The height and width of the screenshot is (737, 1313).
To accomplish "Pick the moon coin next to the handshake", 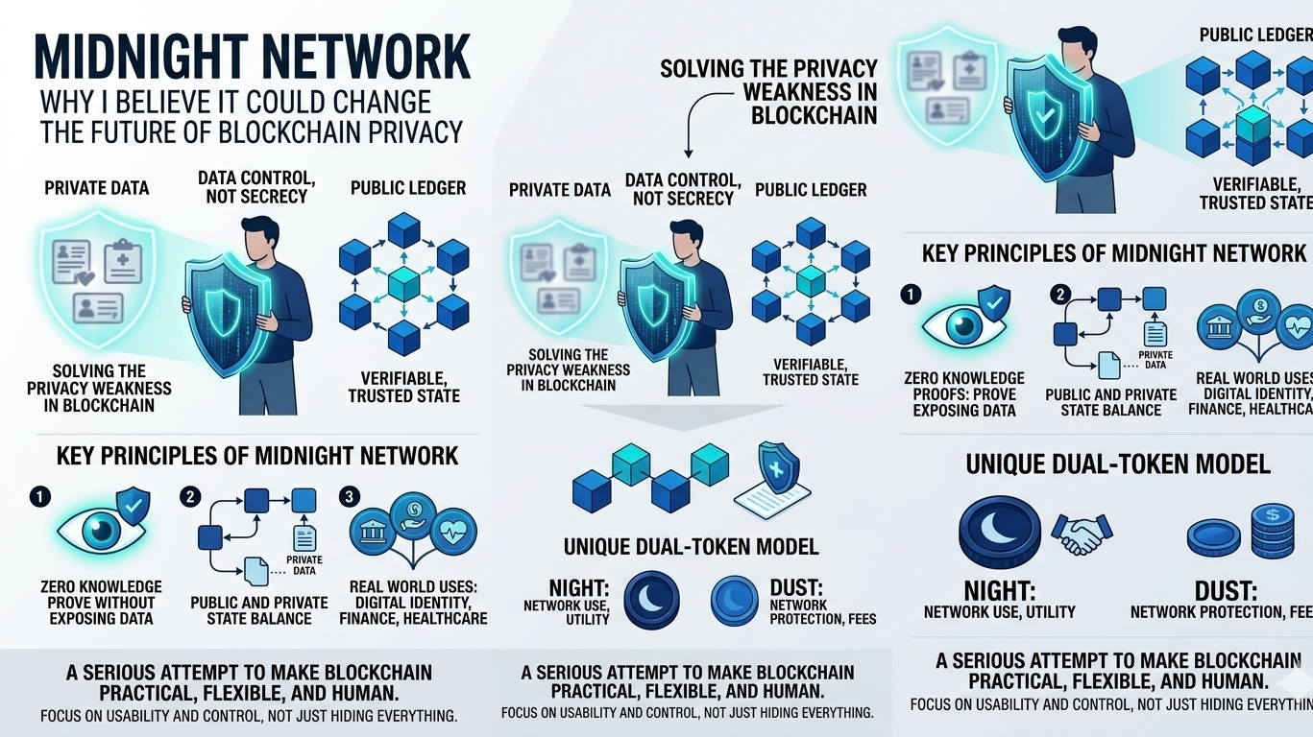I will pos(1000,534).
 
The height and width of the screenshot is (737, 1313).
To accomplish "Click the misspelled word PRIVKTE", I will pos(1155,354).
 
